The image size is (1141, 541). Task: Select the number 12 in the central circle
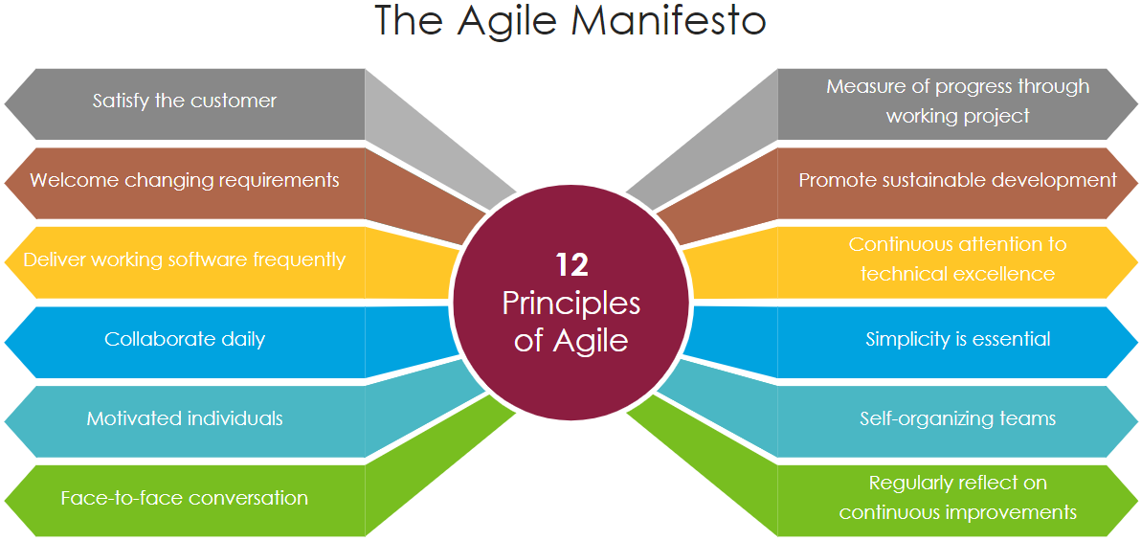571,265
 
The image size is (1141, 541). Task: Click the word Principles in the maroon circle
571,303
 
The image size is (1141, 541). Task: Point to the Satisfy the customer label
185,101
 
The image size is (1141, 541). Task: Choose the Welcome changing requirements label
185,180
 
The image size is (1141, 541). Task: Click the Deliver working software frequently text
185,259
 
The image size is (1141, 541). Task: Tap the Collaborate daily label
185,339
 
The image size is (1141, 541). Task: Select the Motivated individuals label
185,418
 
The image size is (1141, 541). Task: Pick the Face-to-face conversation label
185,498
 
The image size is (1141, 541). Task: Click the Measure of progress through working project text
957,101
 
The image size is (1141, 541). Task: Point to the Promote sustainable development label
957,180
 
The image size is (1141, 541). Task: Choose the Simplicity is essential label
957,339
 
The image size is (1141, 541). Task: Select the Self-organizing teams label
957,418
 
